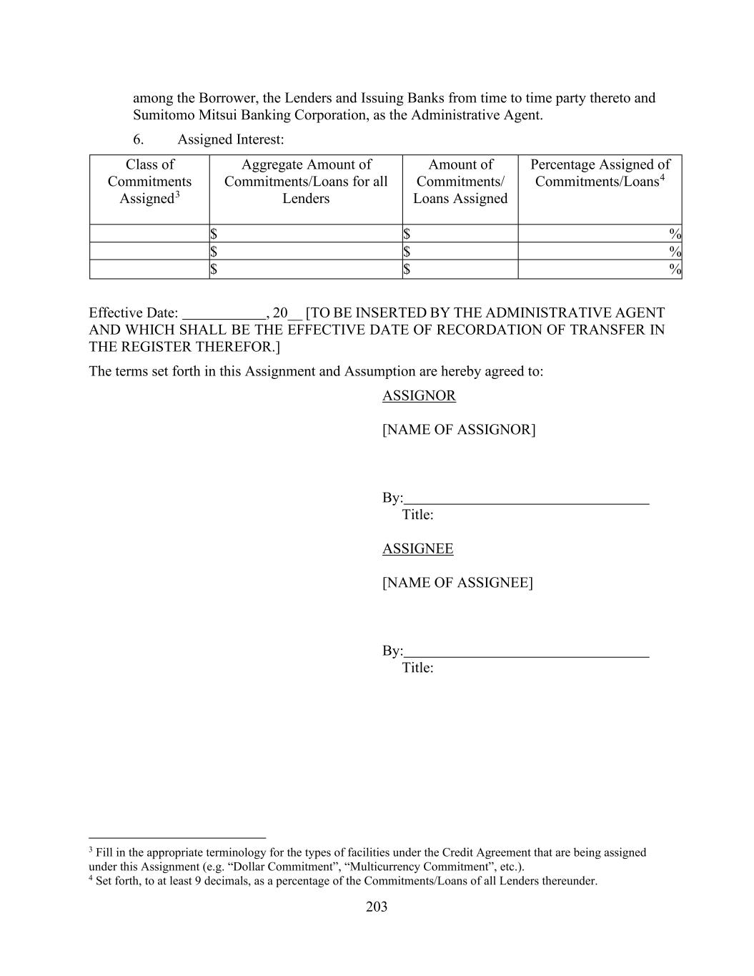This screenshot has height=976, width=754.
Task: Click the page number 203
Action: click(x=377, y=907)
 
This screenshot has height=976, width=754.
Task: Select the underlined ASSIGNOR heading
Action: click(x=419, y=395)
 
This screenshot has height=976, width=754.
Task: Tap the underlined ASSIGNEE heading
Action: click(x=417, y=548)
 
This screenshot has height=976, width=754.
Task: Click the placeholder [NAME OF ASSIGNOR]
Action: click(x=458, y=429)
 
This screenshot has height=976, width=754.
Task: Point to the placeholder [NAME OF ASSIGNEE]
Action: click(x=457, y=582)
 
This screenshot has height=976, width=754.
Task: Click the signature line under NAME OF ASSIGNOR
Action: click(x=526, y=503)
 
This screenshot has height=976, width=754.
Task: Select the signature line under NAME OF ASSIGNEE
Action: click(x=526, y=656)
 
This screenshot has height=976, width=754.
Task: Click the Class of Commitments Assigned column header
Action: click(x=149, y=182)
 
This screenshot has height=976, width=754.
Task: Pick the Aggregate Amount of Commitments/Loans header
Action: click(x=306, y=182)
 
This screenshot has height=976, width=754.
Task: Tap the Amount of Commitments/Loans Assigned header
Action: click(x=460, y=182)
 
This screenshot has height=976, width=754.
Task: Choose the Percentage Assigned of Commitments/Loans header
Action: click(x=600, y=173)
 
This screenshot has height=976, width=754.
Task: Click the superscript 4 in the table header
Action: click(x=663, y=177)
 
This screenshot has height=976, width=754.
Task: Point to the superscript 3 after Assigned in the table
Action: click(x=177, y=194)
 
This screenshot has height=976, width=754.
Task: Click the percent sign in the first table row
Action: click(x=675, y=234)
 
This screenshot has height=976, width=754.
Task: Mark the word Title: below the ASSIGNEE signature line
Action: click(x=417, y=667)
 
